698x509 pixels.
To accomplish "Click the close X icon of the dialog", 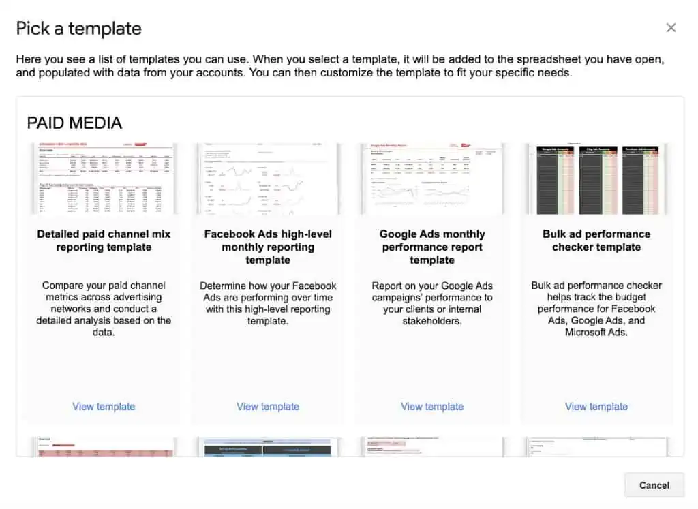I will click(671, 28).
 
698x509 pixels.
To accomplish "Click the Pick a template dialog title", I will click(78, 29).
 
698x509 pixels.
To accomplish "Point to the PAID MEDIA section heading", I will click(74, 123).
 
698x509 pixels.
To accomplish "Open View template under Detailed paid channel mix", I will click(104, 407).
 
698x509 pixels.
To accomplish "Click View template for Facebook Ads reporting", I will click(268, 407).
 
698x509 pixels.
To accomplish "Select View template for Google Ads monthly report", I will click(432, 407).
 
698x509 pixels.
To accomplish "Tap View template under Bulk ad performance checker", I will click(596, 407).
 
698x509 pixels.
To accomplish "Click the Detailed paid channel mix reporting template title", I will click(104, 241).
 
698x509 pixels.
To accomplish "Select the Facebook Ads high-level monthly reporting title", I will click(268, 247).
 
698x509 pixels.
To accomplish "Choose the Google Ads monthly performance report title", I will click(432, 247).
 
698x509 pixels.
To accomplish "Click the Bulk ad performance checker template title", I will click(596, 241).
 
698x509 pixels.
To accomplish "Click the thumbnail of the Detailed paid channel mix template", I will click(104, 179).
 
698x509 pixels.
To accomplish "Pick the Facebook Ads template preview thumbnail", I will click(268, 179).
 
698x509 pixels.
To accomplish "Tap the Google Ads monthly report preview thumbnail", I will click(432, 179).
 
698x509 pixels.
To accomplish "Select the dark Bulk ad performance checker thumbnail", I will click(596, 179).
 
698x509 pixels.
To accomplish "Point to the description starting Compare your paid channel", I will click(104, 309).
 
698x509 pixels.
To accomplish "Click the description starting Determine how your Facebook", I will click(268, 303).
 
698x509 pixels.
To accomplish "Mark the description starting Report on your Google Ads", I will click(432, 303).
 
